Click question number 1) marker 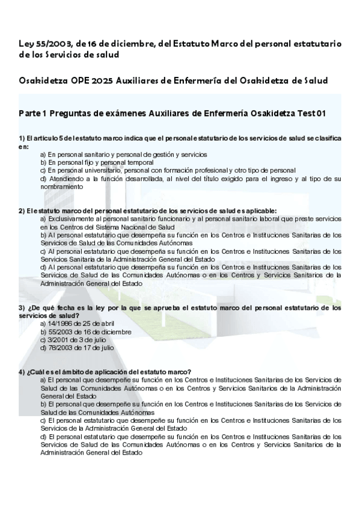pyautogui.click(x=22, y=138)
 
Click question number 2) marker pyautogui.click(x=22, y=210)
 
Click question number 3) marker pyautogui.click(x=22, y=307)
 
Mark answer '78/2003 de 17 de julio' pyautogui.click(x=77, y=347)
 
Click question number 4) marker pyautogui.click(x=22, y=372)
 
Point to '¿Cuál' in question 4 pyautogui.click(x=35, y=372)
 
